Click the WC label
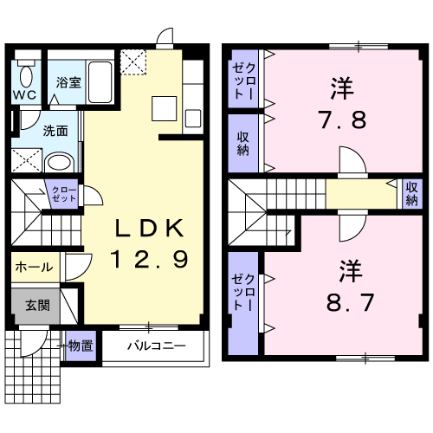click(x=23, y=94)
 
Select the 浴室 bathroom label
click(x=68, y=84)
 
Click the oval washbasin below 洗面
click(x=60, y=162)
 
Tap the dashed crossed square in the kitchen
click(x=134, y=61)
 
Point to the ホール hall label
click(x=34, y=268)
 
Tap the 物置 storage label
click(x=81, y=346)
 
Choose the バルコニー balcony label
click(x=156, y=346)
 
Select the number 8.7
click(x=339, y=304)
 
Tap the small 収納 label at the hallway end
click(x=413, y=193)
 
